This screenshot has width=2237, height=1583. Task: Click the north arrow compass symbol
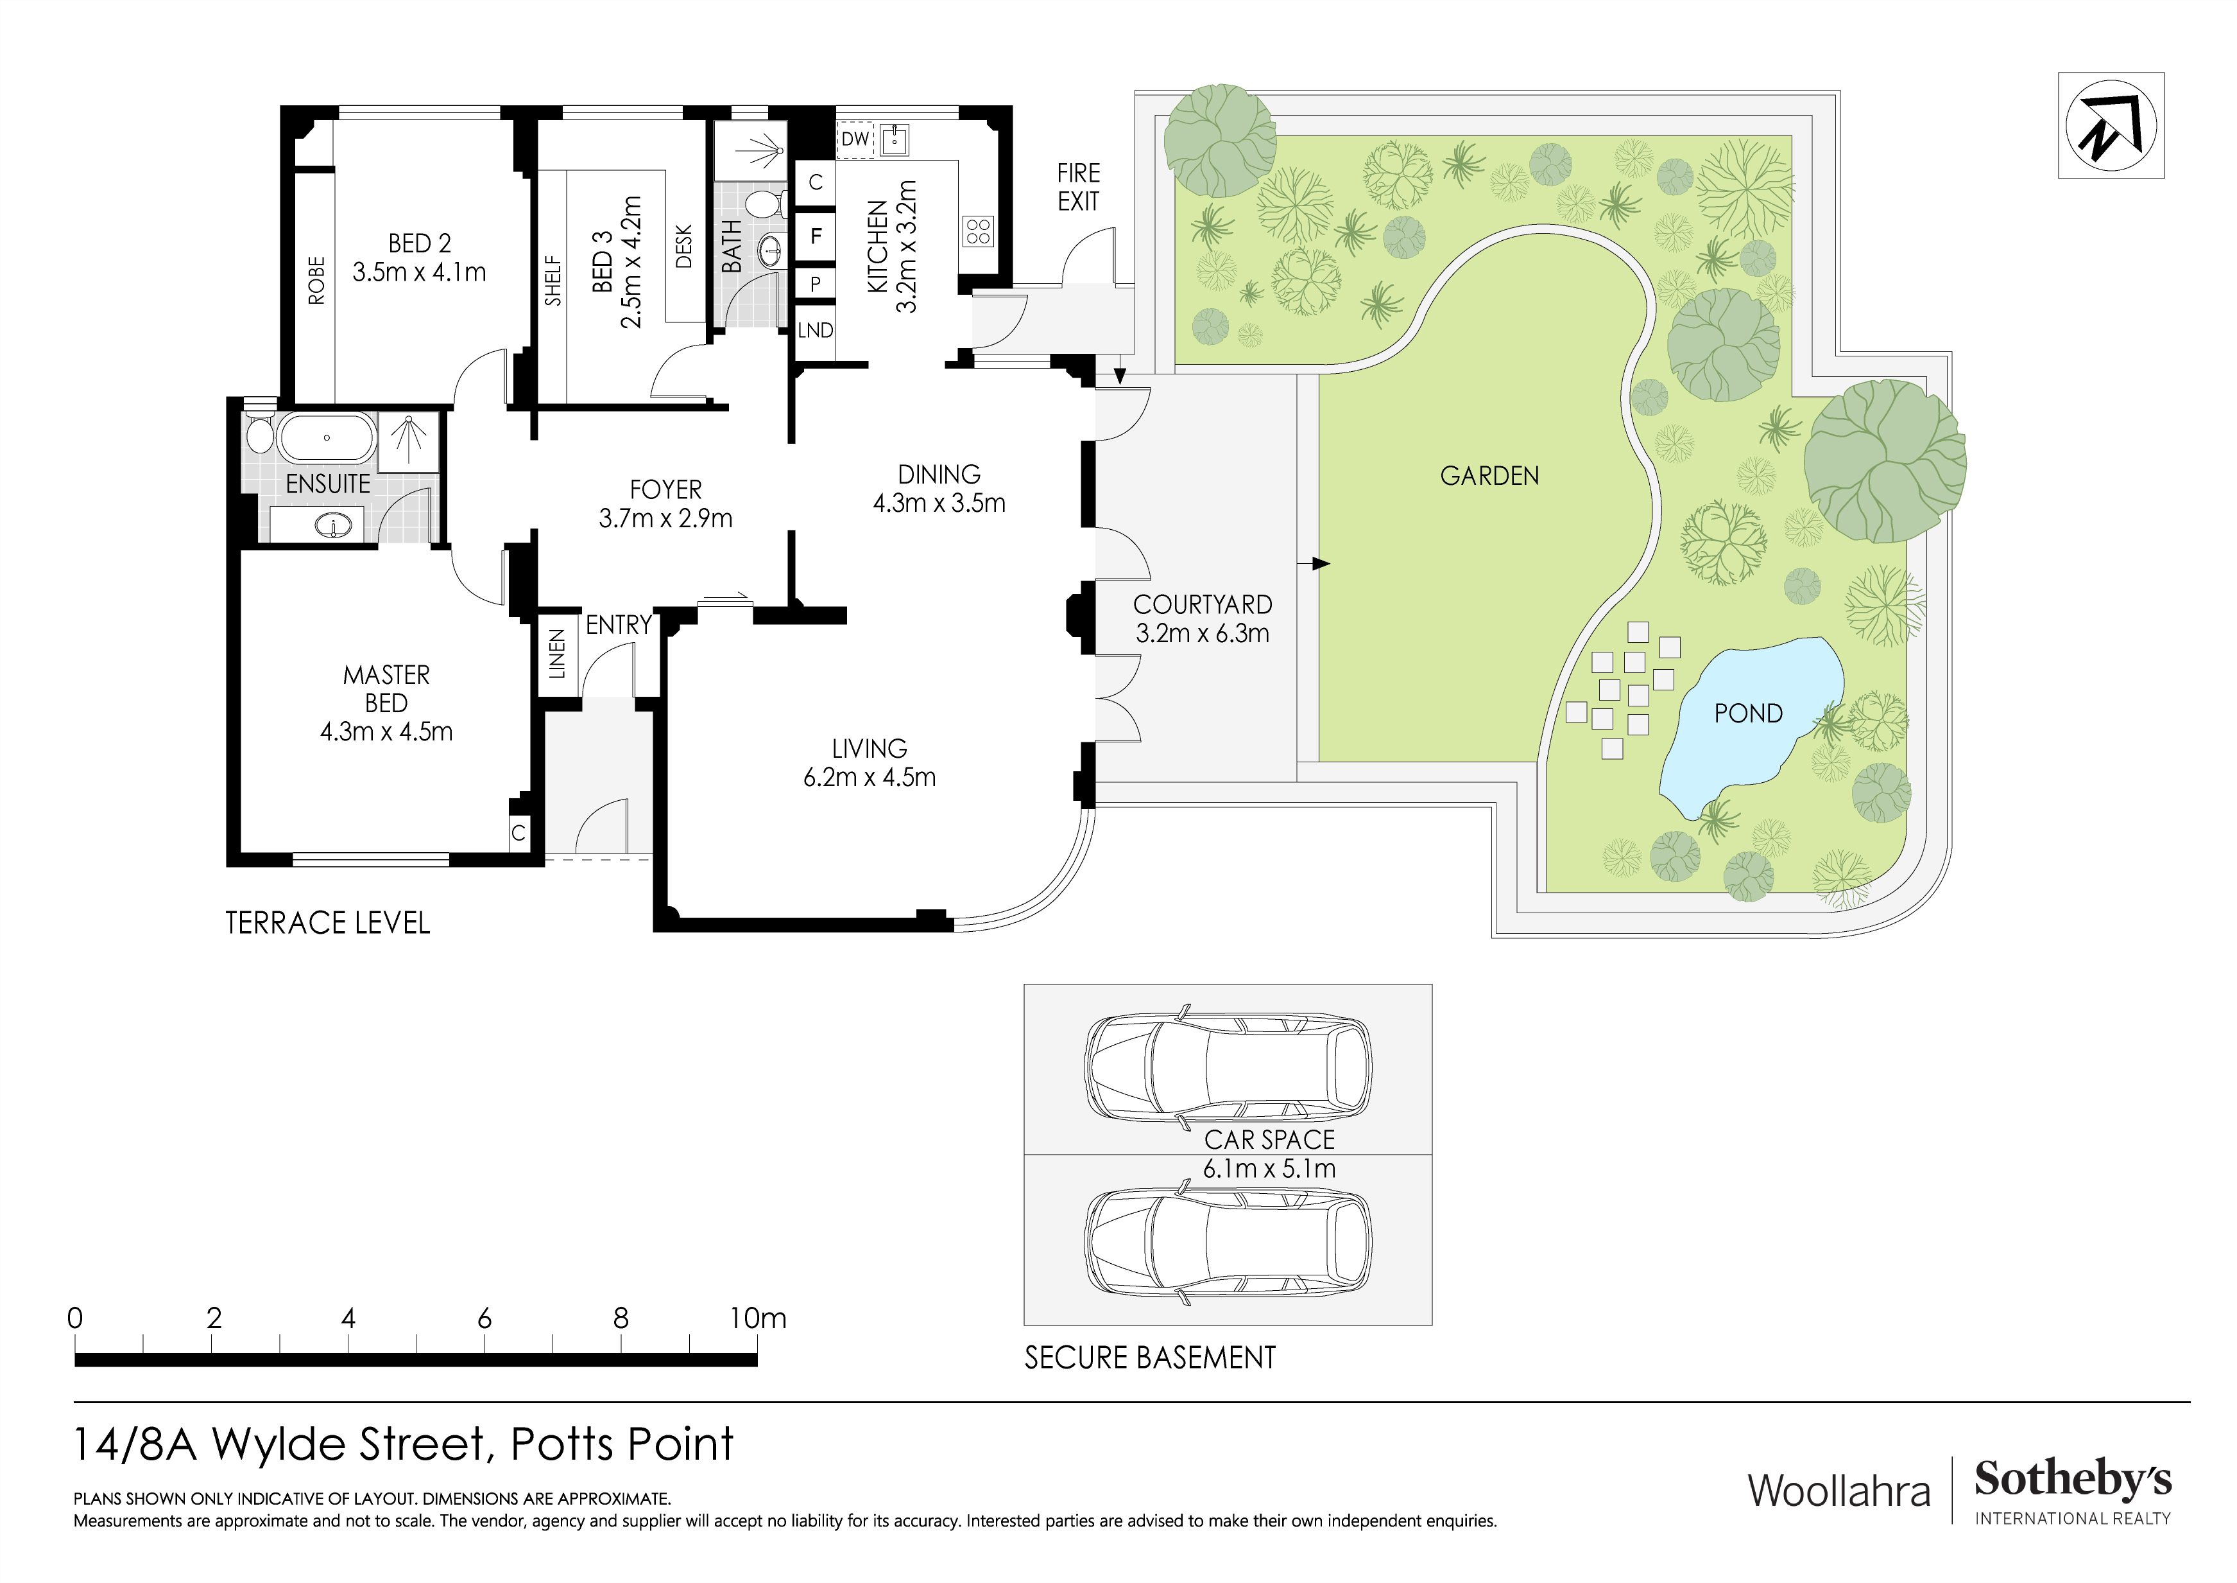click(x=2111, y=126)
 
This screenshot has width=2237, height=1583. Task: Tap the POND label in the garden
click(x=1748, y=713)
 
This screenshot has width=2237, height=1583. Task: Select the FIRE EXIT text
click(x=1079, y=187)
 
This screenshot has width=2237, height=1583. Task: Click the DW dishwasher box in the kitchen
click(x=855, y=139)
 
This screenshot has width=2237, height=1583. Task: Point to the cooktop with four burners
click(x=978, y=232)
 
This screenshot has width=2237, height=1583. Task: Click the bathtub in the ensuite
click(x=327, y=438)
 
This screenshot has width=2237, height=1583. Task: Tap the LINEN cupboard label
click(x=557, y=653)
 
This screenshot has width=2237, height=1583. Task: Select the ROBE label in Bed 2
click(x=316, y=280)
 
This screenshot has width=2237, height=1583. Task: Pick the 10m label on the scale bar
click(x=757, y=1319)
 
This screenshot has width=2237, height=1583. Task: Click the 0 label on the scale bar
click(x=75, y=1319)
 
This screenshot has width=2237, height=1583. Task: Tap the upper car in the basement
click(x=1228, y=1067)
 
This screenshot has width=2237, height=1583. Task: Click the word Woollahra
click(x=1838, y=1491)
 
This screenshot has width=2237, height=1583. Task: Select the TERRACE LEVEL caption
click(x=327, y=923)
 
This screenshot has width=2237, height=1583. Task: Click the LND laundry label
click(x=816, y=331)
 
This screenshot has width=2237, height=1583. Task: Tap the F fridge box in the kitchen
click(x=816, y=236)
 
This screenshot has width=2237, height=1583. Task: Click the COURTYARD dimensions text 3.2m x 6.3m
click(x=1203, y=634)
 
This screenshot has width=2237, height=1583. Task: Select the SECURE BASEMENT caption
click(x=1150, y=1358)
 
